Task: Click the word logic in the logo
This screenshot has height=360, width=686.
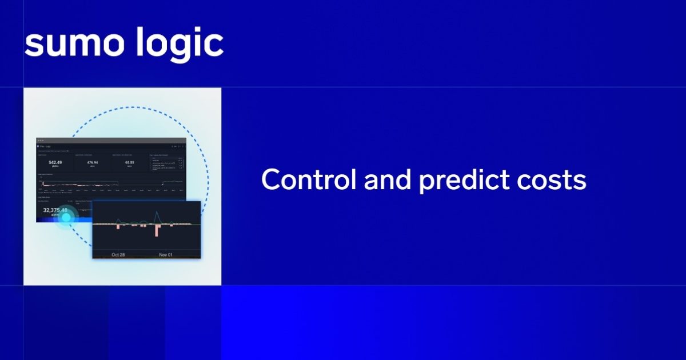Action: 179,43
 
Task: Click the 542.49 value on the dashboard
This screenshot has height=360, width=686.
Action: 55,163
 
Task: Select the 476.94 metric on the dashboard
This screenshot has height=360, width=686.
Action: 93,163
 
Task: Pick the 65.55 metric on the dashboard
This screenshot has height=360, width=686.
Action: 130,163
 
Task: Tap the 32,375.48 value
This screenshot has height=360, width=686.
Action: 55,210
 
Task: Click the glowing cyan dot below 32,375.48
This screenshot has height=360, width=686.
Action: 66,218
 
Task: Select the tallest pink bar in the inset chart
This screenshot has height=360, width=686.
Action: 156,230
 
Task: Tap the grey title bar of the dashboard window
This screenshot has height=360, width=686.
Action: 111,140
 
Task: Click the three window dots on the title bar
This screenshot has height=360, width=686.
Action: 41,140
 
